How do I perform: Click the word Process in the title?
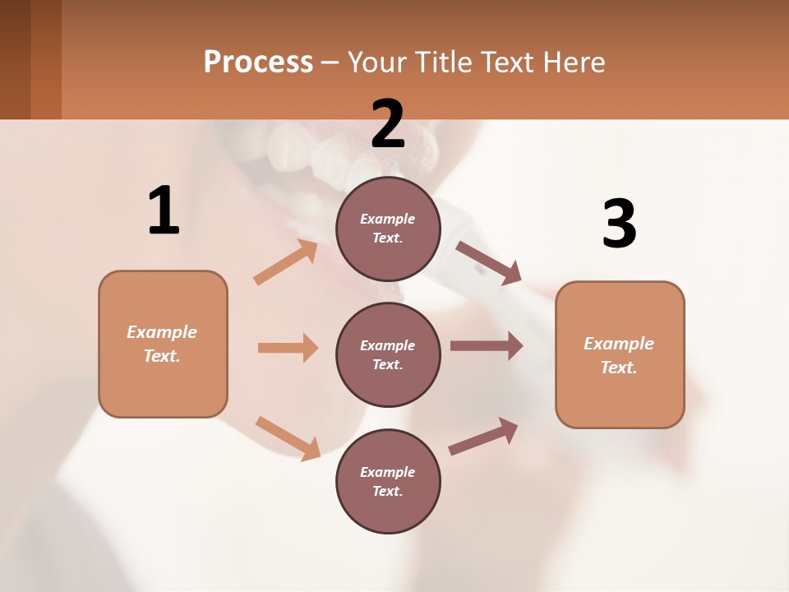point(258,62)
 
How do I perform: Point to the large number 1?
point(164,210)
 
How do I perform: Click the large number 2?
point(388,123)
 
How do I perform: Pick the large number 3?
point(619,224)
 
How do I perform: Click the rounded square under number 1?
point(163,344)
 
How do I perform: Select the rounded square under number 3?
point(620,355)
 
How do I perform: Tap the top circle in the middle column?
point(388,229)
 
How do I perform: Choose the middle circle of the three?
point(388,354)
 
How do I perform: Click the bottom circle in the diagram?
point(388,481)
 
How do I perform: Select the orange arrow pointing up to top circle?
point(286,262)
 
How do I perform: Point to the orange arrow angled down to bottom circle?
point(288,437)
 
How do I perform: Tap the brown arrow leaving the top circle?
point(489,262)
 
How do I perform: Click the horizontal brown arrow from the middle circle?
point(486,346)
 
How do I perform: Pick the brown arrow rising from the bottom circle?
point(483,437)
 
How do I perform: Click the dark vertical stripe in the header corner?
point(45,59)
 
